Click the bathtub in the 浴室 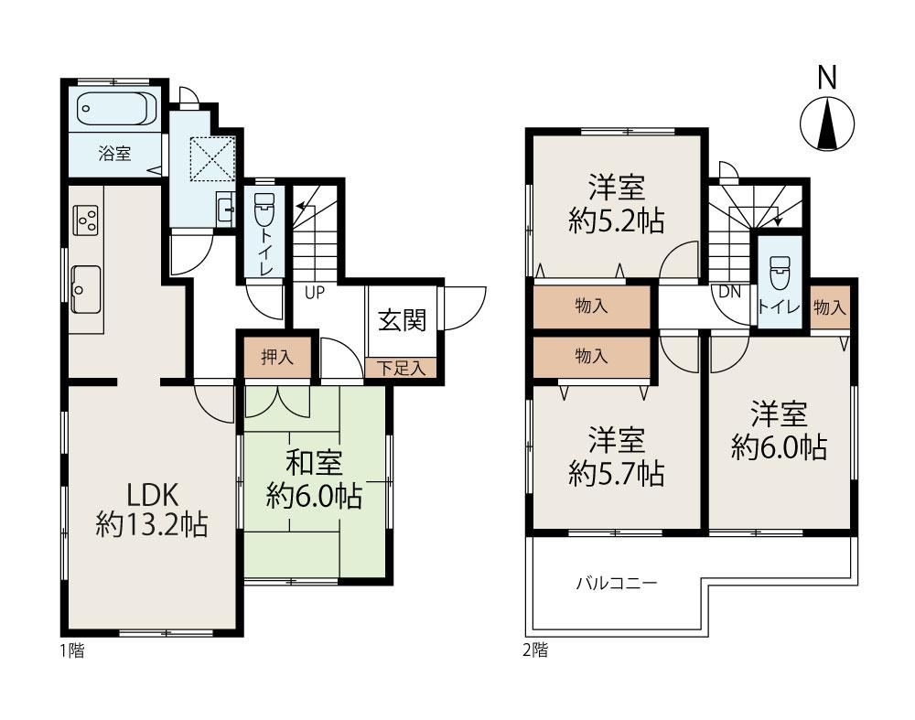(x=117, y=109)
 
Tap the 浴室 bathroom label (x=115, y=154)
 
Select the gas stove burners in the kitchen (x=85, y=220)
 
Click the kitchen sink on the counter (x=86, y=289)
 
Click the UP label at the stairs (x=315, y=293)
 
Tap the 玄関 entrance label (x=402, y=320)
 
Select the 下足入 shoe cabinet (x=401, y=368)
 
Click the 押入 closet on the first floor (x=277, y=357)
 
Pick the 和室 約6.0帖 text (x=315, y=480)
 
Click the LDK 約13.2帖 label (x=152, y=510)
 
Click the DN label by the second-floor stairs (x=729, y=293)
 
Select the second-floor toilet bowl (x=779, y=274)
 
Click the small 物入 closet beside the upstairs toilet (x=829, y=306)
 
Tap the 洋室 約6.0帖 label (x=779, y=430)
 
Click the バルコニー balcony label (x=617, y=583)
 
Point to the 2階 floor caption (x=535, y=650)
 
